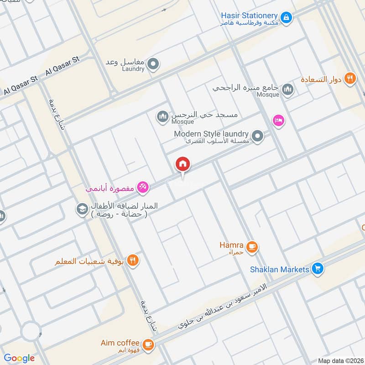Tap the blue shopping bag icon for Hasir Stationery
click(286, 17)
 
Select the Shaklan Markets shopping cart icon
click(318, 269)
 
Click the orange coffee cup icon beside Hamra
click(251, 247)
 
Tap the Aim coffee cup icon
click(147, 344)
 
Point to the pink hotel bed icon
click(278, 120)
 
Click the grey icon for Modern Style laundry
click(258, 136)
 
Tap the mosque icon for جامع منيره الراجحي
click(287, 89)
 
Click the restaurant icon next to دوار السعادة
click(350, 78)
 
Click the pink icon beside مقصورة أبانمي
click(142, 187)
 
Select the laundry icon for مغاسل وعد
click(153, 64)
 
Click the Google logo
click(19, 358)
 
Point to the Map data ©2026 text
click(339, 360)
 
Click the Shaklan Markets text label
click(279, 270)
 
